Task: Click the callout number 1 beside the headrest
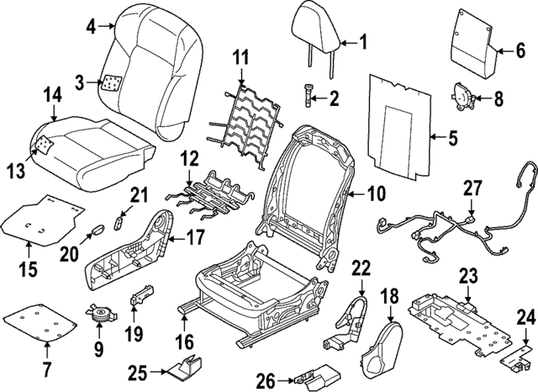point(363,40)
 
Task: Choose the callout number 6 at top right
point(520,50)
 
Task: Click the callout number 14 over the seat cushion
point(52,96)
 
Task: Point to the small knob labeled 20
point(98,227)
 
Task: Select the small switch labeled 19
point(142,297)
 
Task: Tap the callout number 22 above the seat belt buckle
point(361,268)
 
